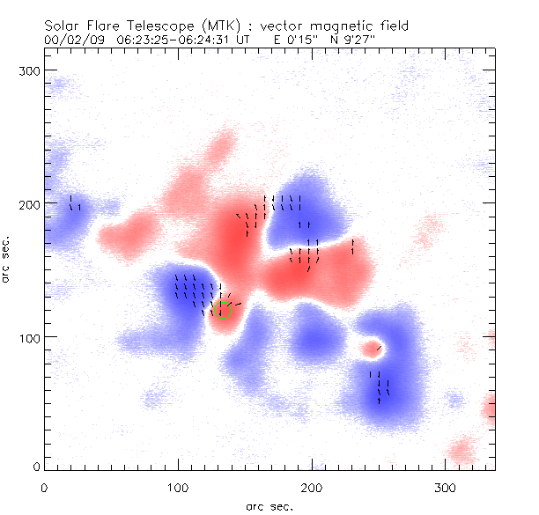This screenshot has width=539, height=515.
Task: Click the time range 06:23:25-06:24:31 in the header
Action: click(181, 40)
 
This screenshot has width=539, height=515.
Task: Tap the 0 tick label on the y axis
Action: click(37, 467)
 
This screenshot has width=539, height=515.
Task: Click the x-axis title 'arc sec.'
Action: click(269, 506)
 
